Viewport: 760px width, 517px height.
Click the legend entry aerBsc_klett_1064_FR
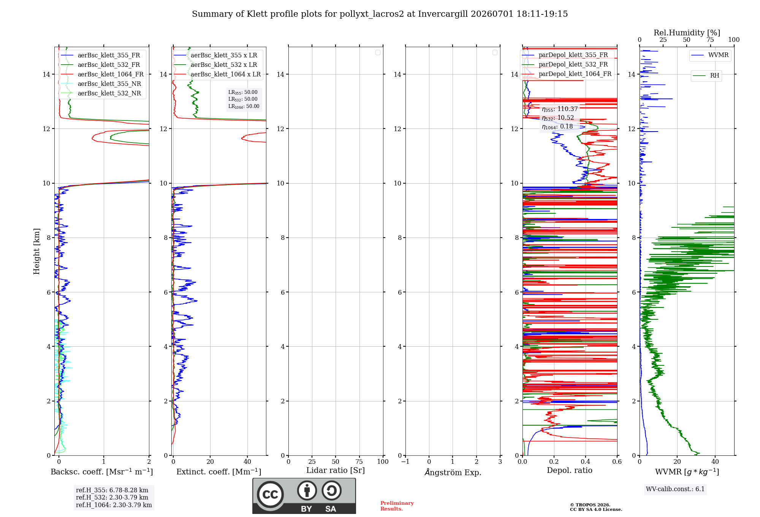(102, 74)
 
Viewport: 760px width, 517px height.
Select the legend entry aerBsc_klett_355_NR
(101, 84)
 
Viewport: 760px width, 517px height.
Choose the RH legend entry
(706, 75)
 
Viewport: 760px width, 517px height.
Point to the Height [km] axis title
(36, 251)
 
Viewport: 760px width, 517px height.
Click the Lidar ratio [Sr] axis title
(336, 470)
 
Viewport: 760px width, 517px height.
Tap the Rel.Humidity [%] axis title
(687, 33)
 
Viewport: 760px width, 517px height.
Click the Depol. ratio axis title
(570, 470)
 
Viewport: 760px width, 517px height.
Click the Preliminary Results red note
(397, 506)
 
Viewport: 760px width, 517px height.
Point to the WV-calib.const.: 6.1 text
(675, 489)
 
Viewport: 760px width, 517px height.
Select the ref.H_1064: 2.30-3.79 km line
(114, 505)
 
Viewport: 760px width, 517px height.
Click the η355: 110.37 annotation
(560, 109)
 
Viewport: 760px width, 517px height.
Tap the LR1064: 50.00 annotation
(244, 106)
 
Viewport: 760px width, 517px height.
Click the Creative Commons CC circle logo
(270, 495)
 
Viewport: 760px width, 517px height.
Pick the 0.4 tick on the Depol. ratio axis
(586, 461)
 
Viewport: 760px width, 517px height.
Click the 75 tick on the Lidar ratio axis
(359, 461)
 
